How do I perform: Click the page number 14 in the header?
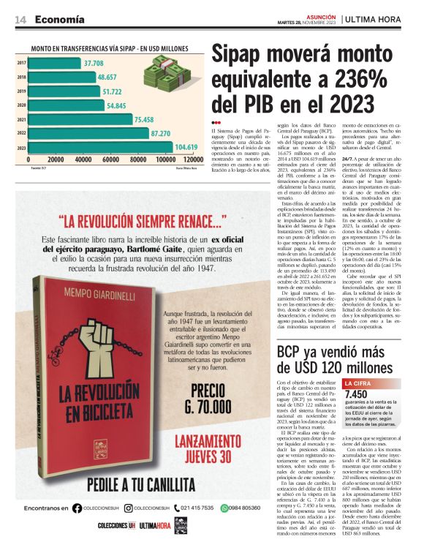tap(21, 20)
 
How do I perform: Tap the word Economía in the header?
tap(59, 20)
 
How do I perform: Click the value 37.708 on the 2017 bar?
tap(93, 64)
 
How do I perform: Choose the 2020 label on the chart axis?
tap(21, 105)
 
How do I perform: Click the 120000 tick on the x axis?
tap(192, 159)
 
